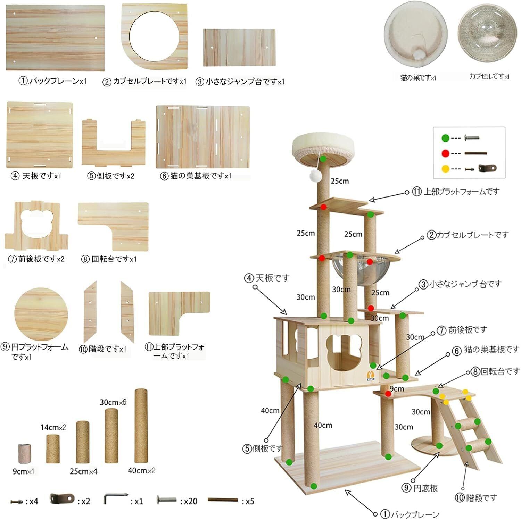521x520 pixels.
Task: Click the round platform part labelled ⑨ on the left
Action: (41, 314)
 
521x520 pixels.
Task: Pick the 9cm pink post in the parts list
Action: (25, 454)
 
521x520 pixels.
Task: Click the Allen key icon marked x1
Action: (115, 499)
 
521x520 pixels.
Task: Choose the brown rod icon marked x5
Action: (223, 500)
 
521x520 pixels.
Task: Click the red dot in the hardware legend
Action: (446, 153)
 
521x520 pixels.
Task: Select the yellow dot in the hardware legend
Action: (446, 169)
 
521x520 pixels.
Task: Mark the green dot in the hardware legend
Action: (446, 138)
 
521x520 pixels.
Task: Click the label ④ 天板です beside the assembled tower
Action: (267, 278)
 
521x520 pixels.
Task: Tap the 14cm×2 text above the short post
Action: (53, 427)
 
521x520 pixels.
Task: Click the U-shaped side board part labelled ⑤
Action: (114, 143)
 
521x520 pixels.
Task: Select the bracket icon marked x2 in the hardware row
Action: (63, 499)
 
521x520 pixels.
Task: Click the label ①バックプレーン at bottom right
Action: (410, 514)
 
